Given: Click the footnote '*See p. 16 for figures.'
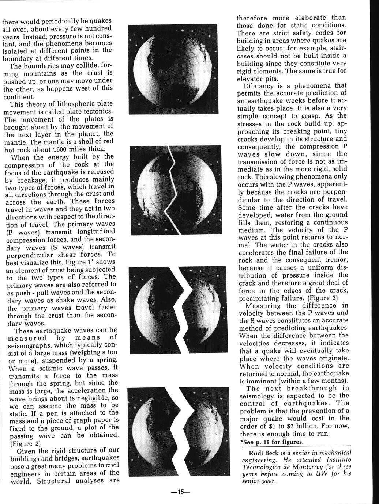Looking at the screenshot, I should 272,442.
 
